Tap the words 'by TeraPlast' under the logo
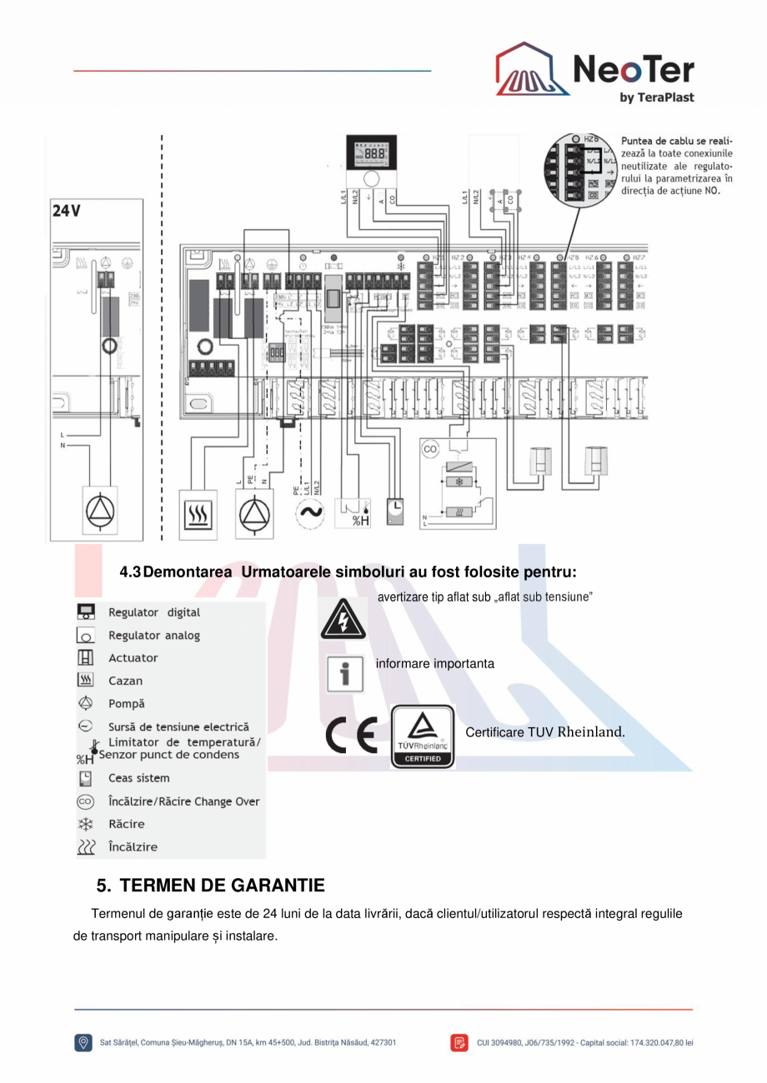pos(657,97)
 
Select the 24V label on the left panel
pos(67,212)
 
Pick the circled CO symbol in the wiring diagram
pos(430,449)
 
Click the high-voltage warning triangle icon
pos(342,619)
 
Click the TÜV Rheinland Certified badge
pos(423,736)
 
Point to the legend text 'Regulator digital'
pos(154,612)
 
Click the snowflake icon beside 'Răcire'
pos(85,824)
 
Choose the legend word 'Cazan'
pos(125,681)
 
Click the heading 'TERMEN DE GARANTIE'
pos(222,884)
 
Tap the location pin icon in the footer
pos(83,1042)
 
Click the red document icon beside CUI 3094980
pos(459,1042)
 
